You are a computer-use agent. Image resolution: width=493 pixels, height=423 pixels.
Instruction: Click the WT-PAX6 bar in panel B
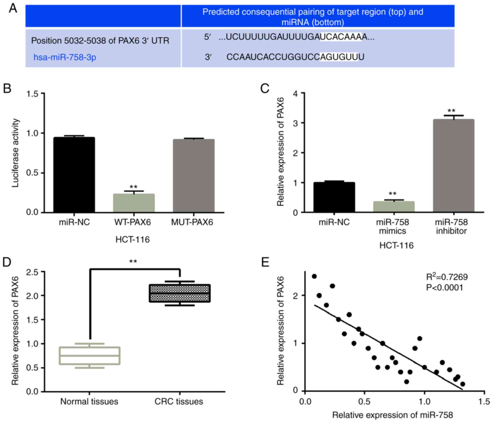click(134, 203)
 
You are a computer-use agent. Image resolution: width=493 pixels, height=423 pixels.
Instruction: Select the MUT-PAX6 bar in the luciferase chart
click(194, 176)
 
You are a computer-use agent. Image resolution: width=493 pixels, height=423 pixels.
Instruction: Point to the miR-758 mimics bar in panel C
click(394, 207)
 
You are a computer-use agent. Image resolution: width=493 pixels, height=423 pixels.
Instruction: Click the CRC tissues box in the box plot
click(180, 293)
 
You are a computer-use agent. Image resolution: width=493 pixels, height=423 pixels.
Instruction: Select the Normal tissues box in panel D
click(90, 356)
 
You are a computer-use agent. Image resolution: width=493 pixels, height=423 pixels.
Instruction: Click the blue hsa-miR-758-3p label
click(65, 57)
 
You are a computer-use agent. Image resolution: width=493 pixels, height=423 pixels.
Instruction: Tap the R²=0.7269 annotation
click(447, 277)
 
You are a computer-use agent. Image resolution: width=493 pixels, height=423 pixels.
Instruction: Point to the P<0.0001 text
click(445, 287)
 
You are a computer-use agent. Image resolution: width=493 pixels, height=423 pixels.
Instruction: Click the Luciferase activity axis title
click(16, 153)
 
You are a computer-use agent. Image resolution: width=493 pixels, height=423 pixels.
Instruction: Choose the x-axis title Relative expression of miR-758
click(392, 415)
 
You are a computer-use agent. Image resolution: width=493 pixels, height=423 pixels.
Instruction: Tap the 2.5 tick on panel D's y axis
click(32, 272)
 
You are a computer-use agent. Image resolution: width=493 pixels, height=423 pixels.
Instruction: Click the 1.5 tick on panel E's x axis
click(484, 401)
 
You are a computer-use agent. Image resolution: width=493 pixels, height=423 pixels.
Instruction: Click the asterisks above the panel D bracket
click(133, 262)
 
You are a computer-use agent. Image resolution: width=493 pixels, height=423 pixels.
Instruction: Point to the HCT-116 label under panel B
click(132, 240)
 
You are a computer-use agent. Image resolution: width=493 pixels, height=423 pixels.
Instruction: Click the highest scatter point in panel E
click(314, 276)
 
